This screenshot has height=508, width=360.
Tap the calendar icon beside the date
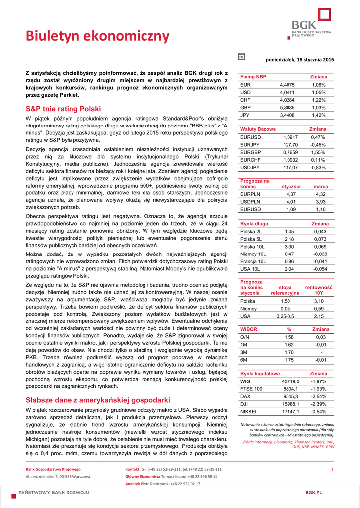tap(241, 56)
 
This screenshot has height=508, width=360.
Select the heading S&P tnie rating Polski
tap(63, 109)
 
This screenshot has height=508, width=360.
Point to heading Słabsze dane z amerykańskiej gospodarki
tap(98, 400)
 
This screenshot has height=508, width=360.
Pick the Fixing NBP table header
tap(253, 77)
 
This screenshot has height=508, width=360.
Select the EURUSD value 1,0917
tap(290, 137)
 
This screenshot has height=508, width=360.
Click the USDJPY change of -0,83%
tap(318, 167)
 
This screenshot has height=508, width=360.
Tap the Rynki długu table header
tap(254, 224)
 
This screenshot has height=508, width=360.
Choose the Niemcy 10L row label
tap(253, 254)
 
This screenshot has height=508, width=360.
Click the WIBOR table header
tap(249, 329)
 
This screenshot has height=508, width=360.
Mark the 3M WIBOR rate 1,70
tap(289, 352)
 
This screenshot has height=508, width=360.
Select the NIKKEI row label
tap(248, 411)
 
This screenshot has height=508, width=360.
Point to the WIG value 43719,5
tap(290, 381)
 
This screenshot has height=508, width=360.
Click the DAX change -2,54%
tap(318, 396)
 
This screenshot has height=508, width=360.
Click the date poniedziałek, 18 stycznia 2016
tap(300, 60)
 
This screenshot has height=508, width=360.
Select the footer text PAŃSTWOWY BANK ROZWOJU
tap(54, 492)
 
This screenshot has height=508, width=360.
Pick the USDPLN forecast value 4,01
tap(291, 202)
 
